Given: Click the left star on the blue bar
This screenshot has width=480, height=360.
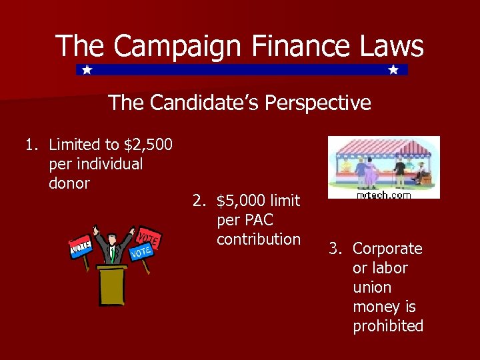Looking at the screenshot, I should (87, 69).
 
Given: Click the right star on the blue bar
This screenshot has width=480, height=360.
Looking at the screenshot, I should (393, 69).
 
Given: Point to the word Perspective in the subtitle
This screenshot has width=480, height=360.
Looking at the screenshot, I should (317, 103).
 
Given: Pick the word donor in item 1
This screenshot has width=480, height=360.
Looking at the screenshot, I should (69, 183).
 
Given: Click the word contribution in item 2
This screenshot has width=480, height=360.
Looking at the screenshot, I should (259, 239).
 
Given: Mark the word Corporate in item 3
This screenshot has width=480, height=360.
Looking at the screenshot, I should (387, 249).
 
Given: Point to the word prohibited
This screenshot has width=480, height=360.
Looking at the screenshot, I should (388, 326).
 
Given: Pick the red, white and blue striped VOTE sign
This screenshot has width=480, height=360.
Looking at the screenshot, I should (80, 247).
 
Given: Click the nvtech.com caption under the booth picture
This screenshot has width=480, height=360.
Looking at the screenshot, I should (384, 195).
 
